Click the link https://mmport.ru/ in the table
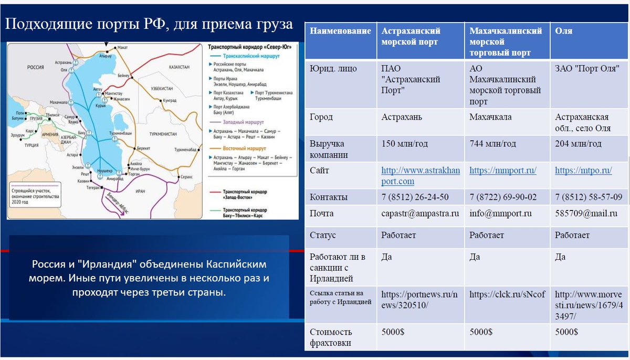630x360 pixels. (x=502, y=171)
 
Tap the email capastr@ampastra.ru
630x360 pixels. (x=420, y=214)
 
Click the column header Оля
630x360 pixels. (x=564, y=31)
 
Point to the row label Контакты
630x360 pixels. (x=329, y=197)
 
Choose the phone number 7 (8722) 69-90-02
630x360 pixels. (x=503, y=197)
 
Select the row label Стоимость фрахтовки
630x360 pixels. (x=331, y=337)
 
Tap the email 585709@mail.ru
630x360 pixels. (x=581, y=214)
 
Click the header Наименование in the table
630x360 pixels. (x=340, y=31)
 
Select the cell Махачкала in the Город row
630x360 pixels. (x=490, y=117)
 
